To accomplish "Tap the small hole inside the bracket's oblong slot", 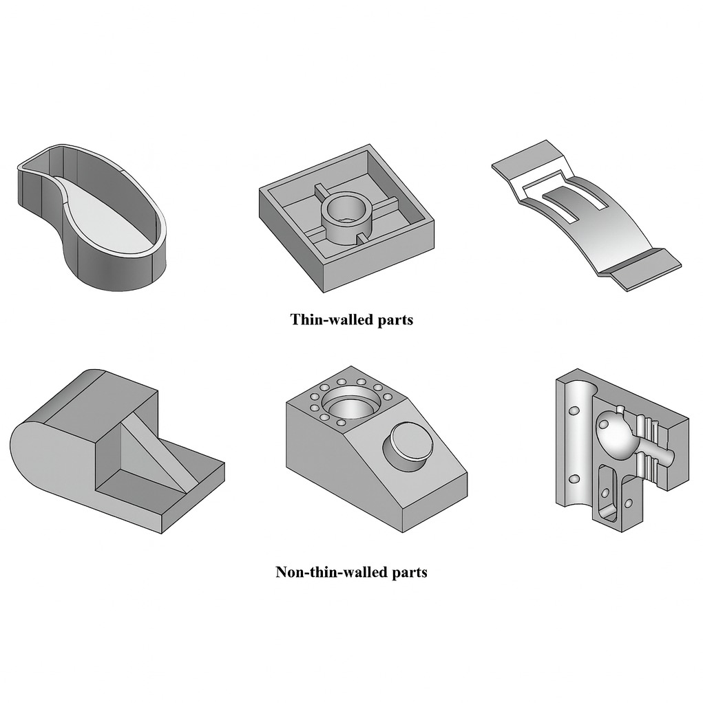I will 605,493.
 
